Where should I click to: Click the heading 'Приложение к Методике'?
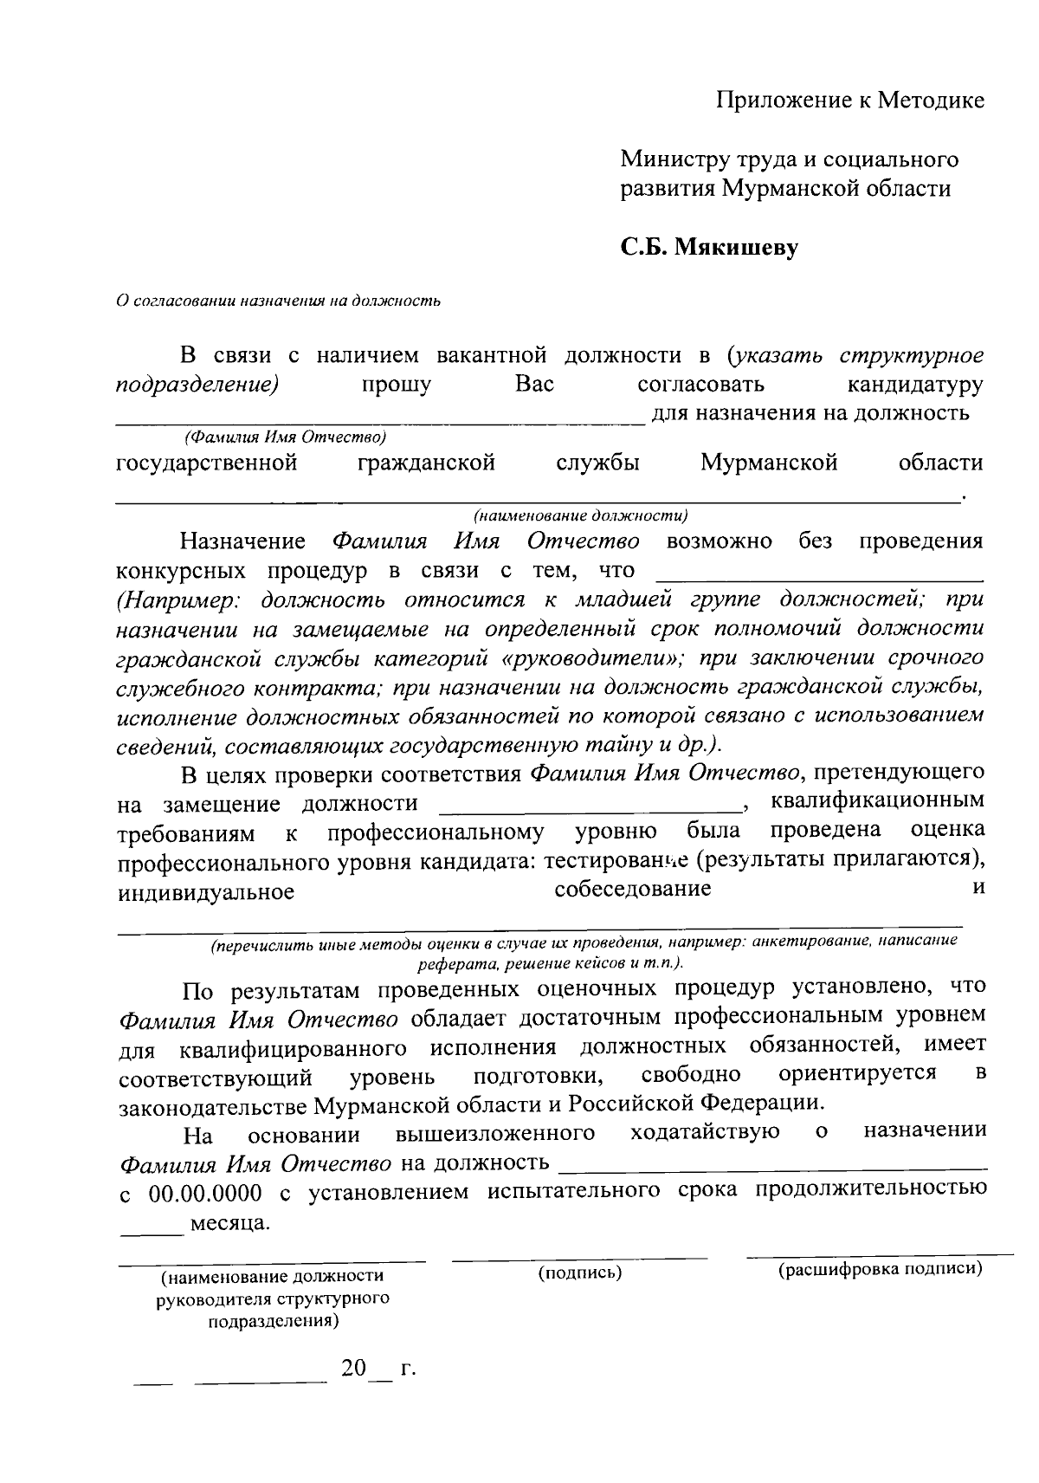(849, 100)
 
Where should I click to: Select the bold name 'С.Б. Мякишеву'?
(708, 248)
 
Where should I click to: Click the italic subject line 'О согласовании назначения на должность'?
(279, 301)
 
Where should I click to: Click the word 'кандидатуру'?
(915, 384)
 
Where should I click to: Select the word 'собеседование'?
(632, 889)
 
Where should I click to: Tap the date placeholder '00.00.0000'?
(205, 1193)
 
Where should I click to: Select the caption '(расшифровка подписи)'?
(880, 1270)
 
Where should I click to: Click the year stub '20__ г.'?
(378, 1370)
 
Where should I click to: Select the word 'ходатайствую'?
(705, 1131)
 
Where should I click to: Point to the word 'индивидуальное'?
(206, 892)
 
